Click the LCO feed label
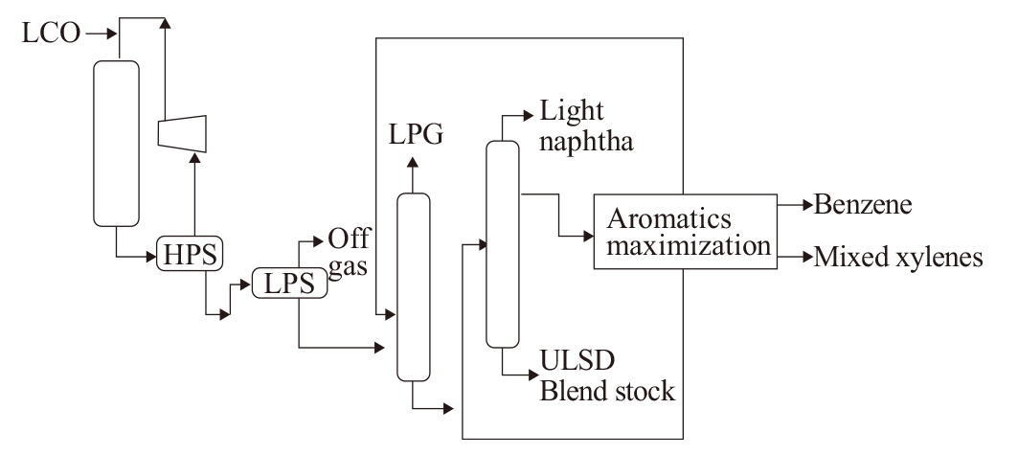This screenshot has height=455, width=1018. [x=51, y=33]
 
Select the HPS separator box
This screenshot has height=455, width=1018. [x=190, y=254]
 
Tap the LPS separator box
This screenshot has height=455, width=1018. [x=289, y=283]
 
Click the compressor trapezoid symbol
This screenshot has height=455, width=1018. [x=182, y=134]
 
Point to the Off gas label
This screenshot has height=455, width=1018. [x=348, y=253]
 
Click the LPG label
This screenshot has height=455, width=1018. [x=416, y=134]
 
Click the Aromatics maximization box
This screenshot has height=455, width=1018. [x=686, y=231]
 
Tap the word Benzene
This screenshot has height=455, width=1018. [x=863, y=204]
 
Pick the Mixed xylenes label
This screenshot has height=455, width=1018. [x=898, y=257]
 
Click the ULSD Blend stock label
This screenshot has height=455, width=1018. [x=607, y=375]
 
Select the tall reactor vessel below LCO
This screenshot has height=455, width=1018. [x=116, y=144]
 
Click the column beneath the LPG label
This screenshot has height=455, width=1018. [x=414, y=287]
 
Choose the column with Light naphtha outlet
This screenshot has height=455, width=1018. [x=503, y=244]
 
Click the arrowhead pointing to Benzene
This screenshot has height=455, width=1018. [x=807, y=205]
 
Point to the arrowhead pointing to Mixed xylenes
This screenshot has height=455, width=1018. [x=807, y=258]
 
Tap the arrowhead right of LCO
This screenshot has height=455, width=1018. [x=112, y=34]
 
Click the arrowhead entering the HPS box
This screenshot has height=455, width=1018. [x=151, y=257]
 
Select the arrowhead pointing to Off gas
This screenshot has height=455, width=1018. [x=318, y=241]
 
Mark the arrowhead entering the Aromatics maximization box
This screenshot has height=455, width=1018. [x=588, y=237]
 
